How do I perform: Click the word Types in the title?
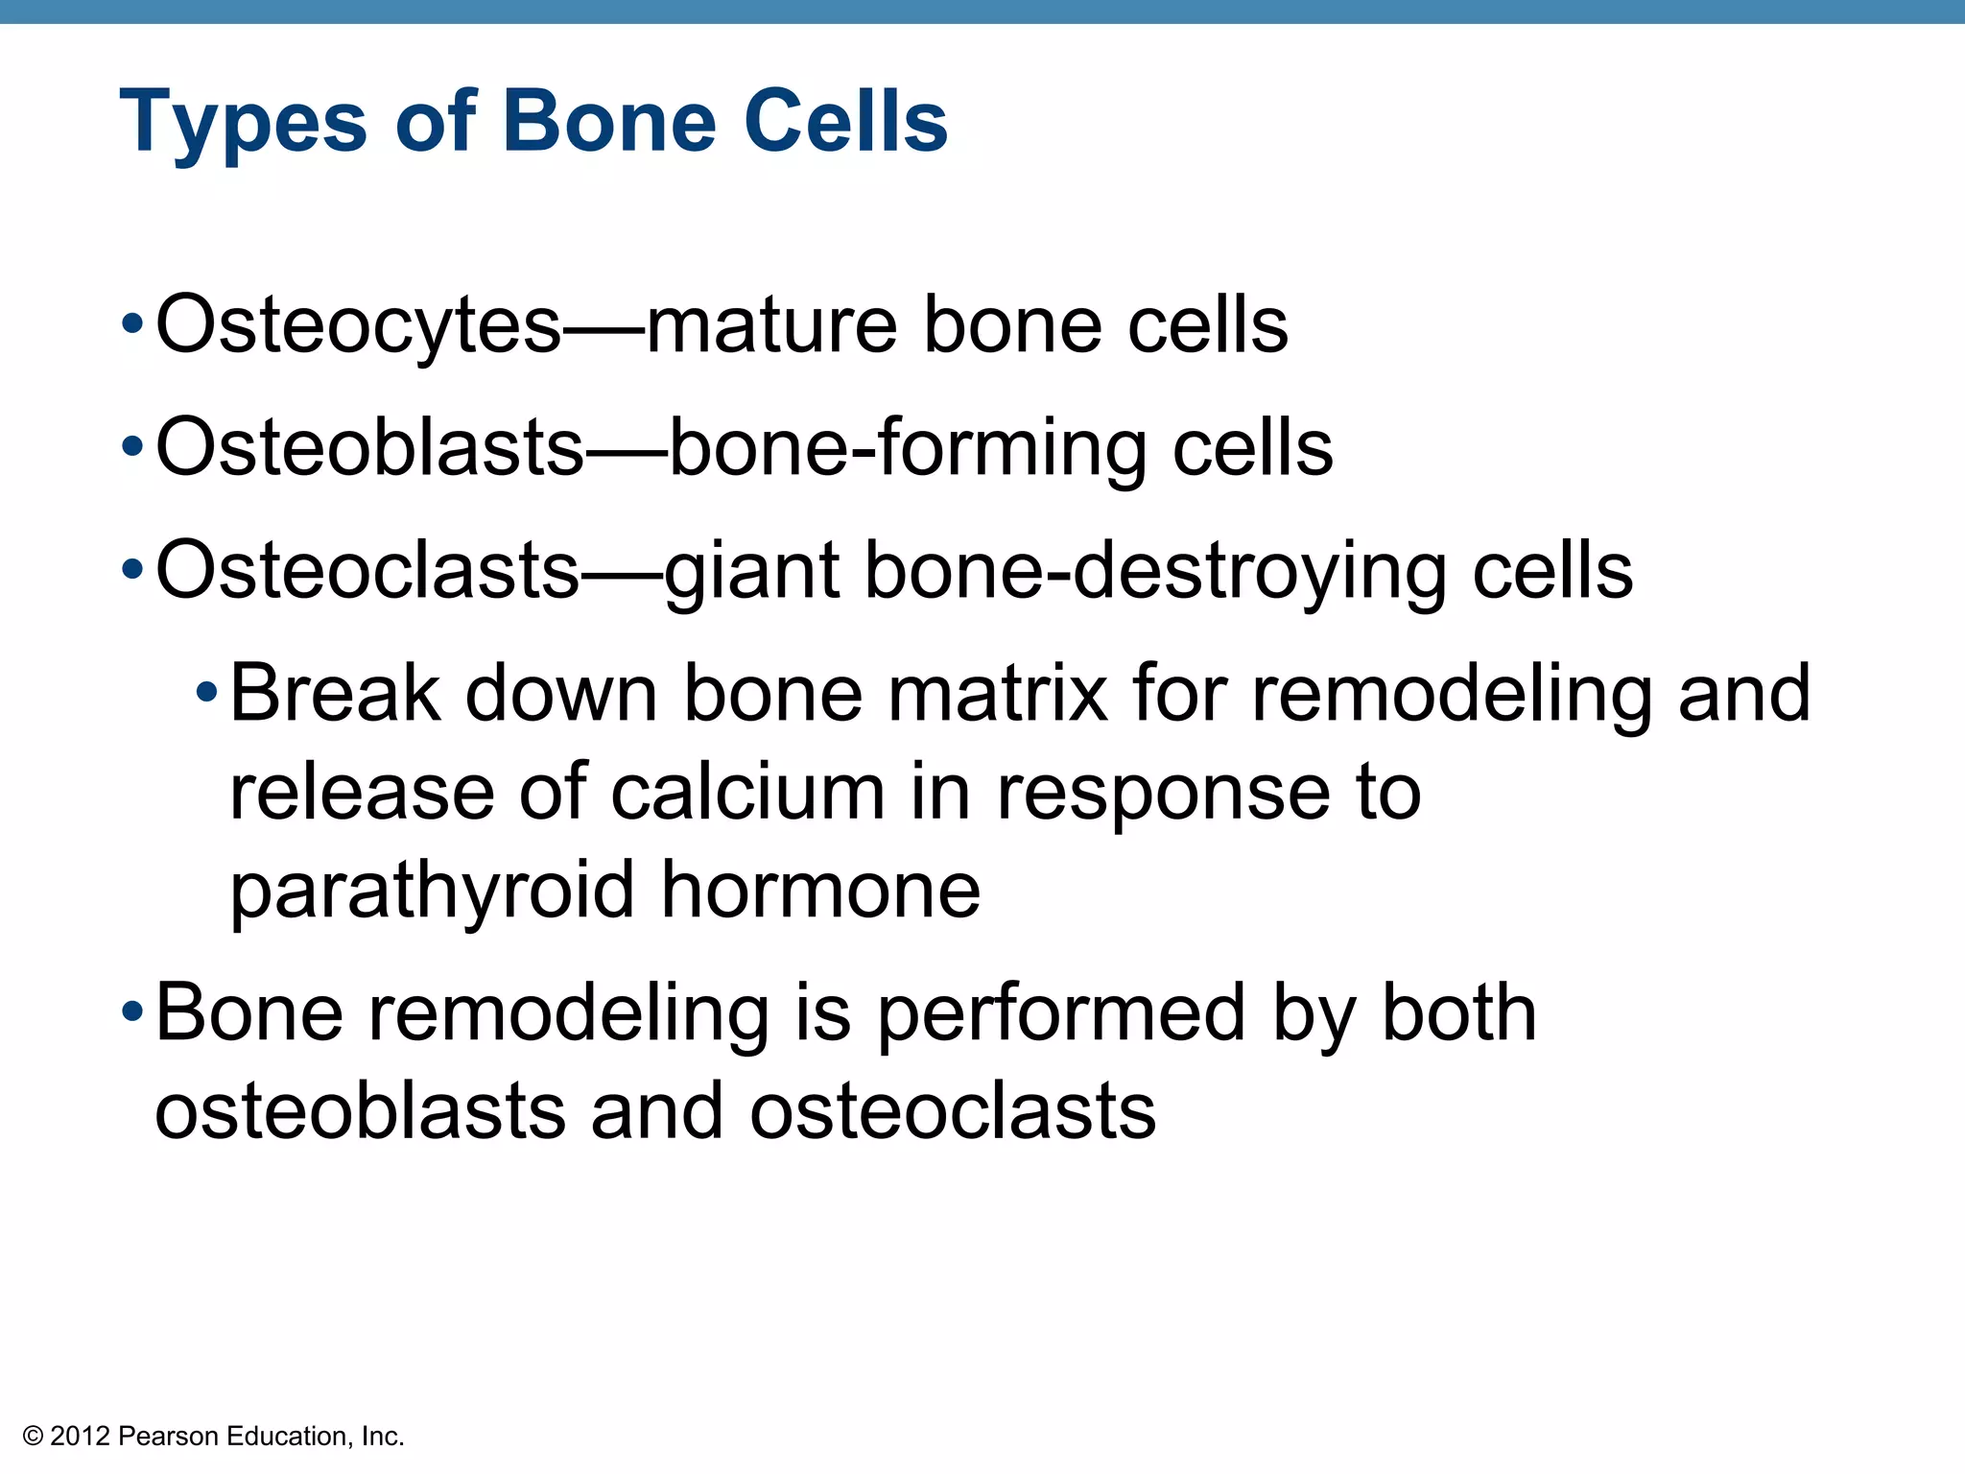pos(243,122)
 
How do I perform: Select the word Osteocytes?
pos(358,326)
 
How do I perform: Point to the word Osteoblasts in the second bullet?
pos(369,447)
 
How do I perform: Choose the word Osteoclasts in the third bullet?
pos(367,570)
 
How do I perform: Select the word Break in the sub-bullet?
pos(335,693)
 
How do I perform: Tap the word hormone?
pos(821,891)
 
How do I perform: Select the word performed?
pos(1062,1014)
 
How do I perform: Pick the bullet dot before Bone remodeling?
pos(133,1011)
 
